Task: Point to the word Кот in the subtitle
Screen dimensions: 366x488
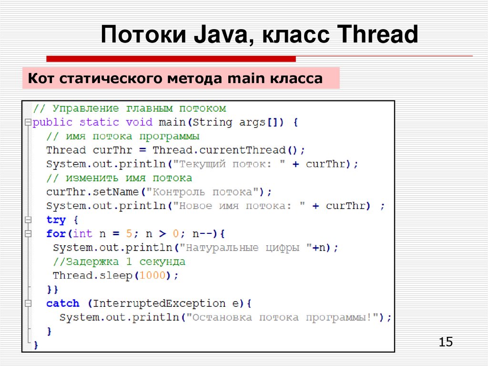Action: click(42, 78)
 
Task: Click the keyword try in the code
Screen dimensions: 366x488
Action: click(56, 220)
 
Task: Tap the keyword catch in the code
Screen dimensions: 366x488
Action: click(62, 303)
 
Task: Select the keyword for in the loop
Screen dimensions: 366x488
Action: click(55, 234)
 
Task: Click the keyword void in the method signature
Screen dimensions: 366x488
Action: click(139, 122)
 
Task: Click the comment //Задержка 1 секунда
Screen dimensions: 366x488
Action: click(119, 262)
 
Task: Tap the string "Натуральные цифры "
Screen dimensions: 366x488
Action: click(246, 248)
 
